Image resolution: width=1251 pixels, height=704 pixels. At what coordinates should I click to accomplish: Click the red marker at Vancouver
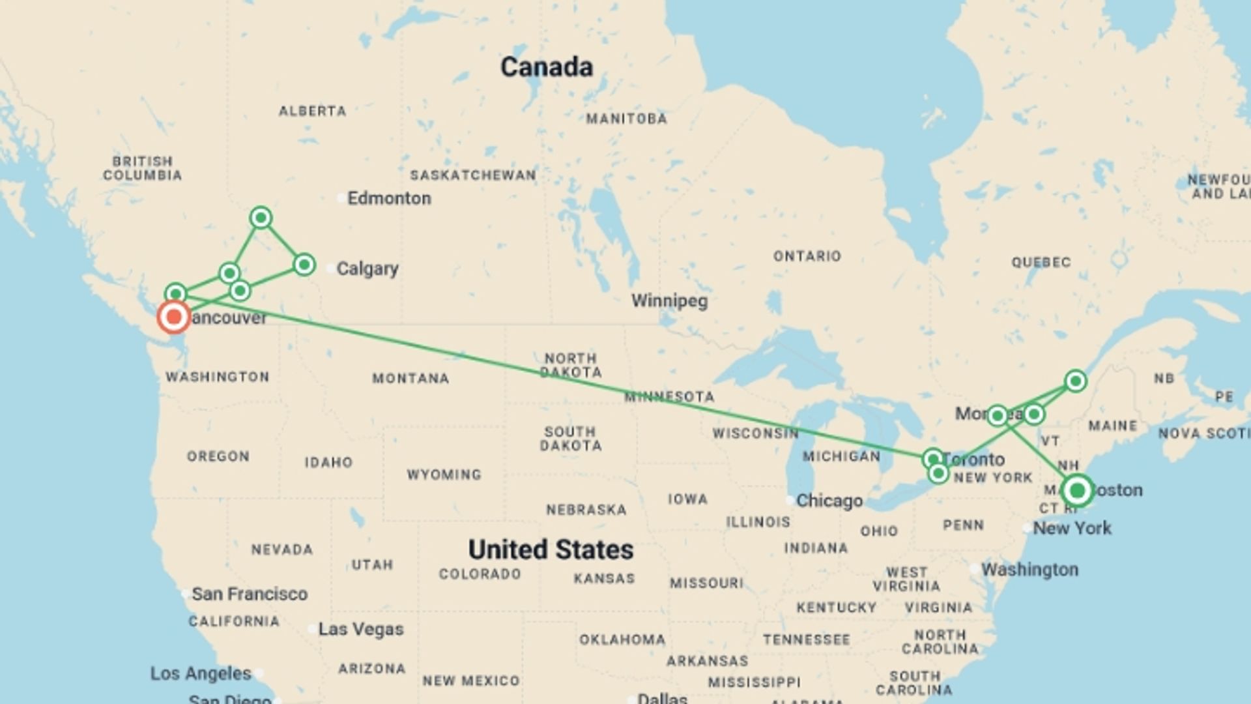[x=174, y=317]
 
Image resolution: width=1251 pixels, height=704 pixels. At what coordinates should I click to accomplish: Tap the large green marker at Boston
[x=1077, y=490]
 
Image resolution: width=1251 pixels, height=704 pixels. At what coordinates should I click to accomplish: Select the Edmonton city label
[x=388, y=198]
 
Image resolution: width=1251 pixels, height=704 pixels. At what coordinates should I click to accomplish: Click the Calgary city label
[x=367, y=269]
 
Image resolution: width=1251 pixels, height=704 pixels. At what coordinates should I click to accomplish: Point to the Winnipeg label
[x=669, y=301]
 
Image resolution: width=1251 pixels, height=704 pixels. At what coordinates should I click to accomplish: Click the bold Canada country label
[x=546, y=66]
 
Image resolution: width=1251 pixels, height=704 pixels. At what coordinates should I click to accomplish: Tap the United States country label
[x=551, y=550]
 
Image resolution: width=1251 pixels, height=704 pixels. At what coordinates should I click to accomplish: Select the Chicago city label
[x=829, y=501]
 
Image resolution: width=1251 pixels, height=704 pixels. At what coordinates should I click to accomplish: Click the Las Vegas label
[x=360, y=629]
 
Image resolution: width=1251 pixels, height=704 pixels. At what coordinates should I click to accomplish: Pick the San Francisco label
[x=249, y=594]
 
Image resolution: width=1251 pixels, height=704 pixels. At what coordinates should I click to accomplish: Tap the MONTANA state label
[x=410, y=378]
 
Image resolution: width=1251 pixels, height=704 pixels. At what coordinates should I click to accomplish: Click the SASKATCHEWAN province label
[x=473, y=175]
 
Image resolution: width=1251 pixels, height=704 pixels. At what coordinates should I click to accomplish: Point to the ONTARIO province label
[x=807, y=256]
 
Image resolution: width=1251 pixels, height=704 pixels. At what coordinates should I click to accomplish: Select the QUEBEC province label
[x=1041, y=262]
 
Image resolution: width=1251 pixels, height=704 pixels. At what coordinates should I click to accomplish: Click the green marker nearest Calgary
[x=304, y=265]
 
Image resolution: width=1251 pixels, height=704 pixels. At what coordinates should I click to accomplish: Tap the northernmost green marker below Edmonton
[x=261, y=217]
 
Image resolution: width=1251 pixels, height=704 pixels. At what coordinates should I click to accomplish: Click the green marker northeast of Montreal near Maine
[x=1075, y=381]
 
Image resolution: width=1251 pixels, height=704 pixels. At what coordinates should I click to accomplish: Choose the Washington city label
[x=1029, y=570]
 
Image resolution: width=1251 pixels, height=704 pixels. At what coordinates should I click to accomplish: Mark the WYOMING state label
[x=444, y=475]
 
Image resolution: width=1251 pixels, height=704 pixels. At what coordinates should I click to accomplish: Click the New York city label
[x=1072, y=528]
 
